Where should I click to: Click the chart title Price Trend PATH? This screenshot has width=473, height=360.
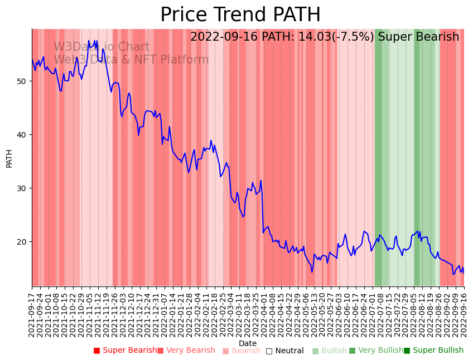click(x=240, y=15)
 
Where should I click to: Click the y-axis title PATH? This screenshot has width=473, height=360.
click(x=9, y=158)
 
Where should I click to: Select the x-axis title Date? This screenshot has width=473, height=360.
click(x=248, y=343)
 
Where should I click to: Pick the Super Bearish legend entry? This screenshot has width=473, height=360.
click(x=126, y=351)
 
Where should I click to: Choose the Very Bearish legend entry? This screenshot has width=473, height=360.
click(x=186, y=351)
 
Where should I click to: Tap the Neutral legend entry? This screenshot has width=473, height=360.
click(x=285, y=351)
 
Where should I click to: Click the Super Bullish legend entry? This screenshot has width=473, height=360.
click(x=434, y=351)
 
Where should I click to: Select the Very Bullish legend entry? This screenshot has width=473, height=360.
click(x=376, y=351)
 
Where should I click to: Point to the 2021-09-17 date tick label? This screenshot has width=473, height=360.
click(x=32, y=312)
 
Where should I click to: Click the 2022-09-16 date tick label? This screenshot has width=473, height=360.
click(x=464, y=312)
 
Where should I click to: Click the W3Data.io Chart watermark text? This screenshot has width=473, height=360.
click(x=102, y=47)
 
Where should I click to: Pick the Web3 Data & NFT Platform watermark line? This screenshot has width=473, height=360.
click(x=131, y=60)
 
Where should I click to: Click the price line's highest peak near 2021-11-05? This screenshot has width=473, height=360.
click(x=89, y=41)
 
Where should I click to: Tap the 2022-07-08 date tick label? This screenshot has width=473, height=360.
click(x=379, y=312)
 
